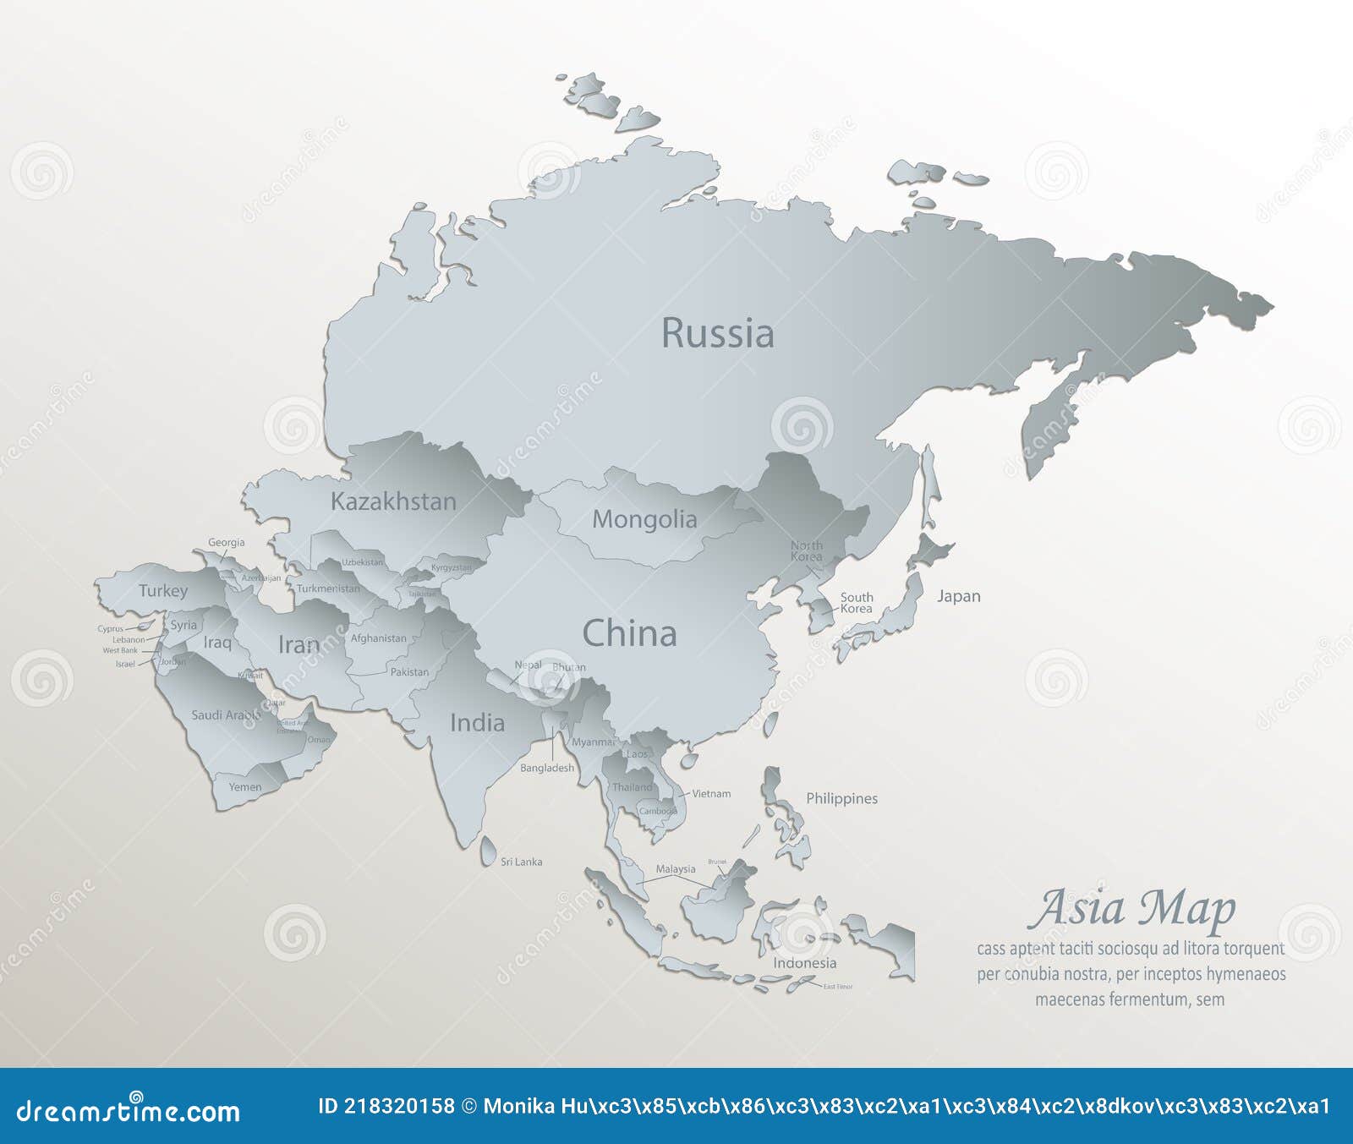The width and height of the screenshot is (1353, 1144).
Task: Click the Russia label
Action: pos(717,333)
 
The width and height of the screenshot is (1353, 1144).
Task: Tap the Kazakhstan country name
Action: pos(393,501)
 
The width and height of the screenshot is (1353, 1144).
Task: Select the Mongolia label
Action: pos(644,519)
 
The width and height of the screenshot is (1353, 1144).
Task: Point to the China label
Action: pos(629,633)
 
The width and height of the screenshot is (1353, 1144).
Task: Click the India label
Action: pos(477,723)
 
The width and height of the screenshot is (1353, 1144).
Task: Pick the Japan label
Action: pos(958,596)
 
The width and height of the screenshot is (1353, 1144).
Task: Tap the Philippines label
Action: pos(841,798)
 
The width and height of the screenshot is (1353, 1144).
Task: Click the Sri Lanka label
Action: pos(521,862)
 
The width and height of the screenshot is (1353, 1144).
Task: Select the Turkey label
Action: pos(163,591)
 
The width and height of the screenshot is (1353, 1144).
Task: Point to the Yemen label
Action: pos(244,787)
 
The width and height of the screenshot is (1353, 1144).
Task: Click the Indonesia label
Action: pos(804,963)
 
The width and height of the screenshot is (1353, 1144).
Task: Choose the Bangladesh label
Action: pos(546,768)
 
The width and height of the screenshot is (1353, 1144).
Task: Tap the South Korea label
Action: pos(856,603)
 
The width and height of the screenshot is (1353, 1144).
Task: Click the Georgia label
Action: pos(227,543)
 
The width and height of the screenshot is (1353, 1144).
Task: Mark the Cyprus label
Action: pos(110,629)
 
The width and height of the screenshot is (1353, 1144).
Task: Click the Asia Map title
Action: pos(1131,909)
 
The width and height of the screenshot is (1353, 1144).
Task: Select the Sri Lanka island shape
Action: pos(489,851)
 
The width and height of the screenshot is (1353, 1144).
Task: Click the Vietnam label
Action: pos(711,794)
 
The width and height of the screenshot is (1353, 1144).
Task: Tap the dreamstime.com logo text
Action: pos(129,1111)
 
